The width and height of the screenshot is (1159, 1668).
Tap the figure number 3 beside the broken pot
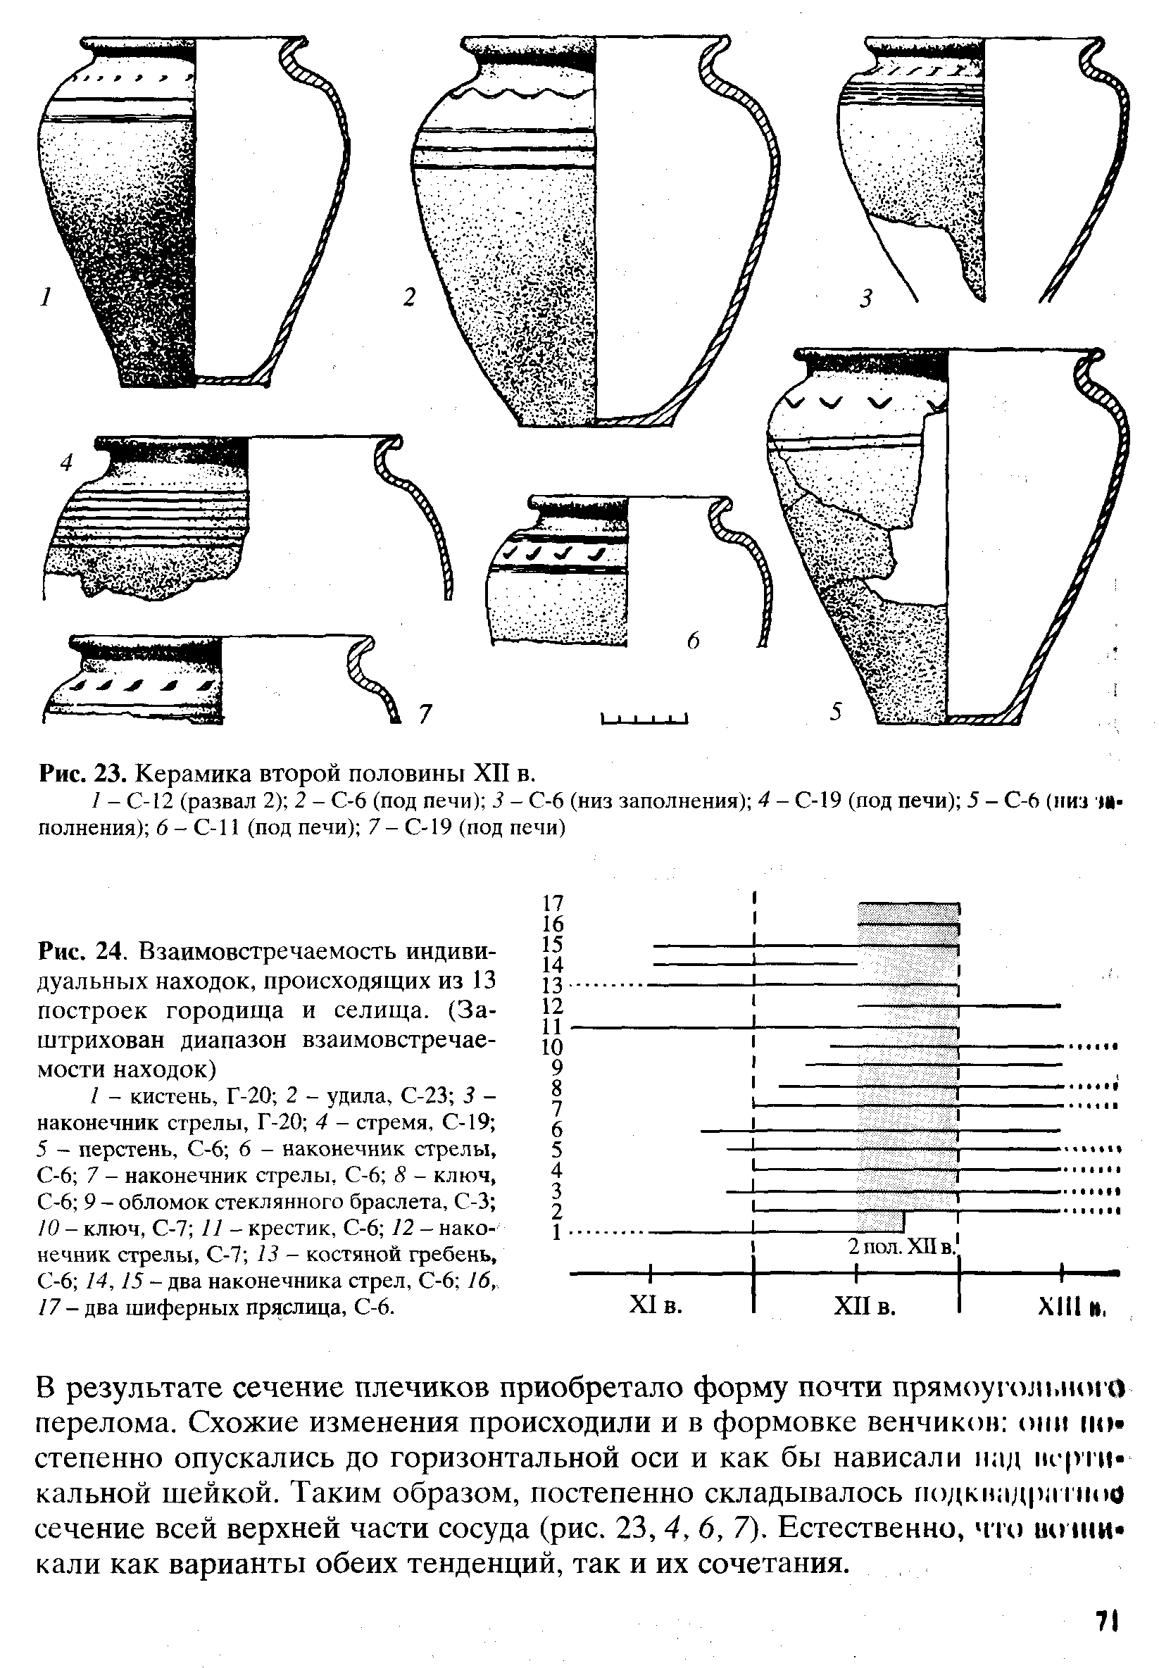(865, 299)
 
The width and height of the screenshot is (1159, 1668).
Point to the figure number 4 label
(67, 462)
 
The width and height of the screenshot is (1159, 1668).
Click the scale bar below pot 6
(644, 720)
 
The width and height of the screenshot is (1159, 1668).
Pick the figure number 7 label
(424, 715)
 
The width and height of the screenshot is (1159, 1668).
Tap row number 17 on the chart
(553, 903)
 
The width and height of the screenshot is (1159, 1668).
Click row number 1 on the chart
(556, 1232)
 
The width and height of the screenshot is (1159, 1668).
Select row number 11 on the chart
(553, 1027)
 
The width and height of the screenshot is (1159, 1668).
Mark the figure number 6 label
(694, 641)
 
